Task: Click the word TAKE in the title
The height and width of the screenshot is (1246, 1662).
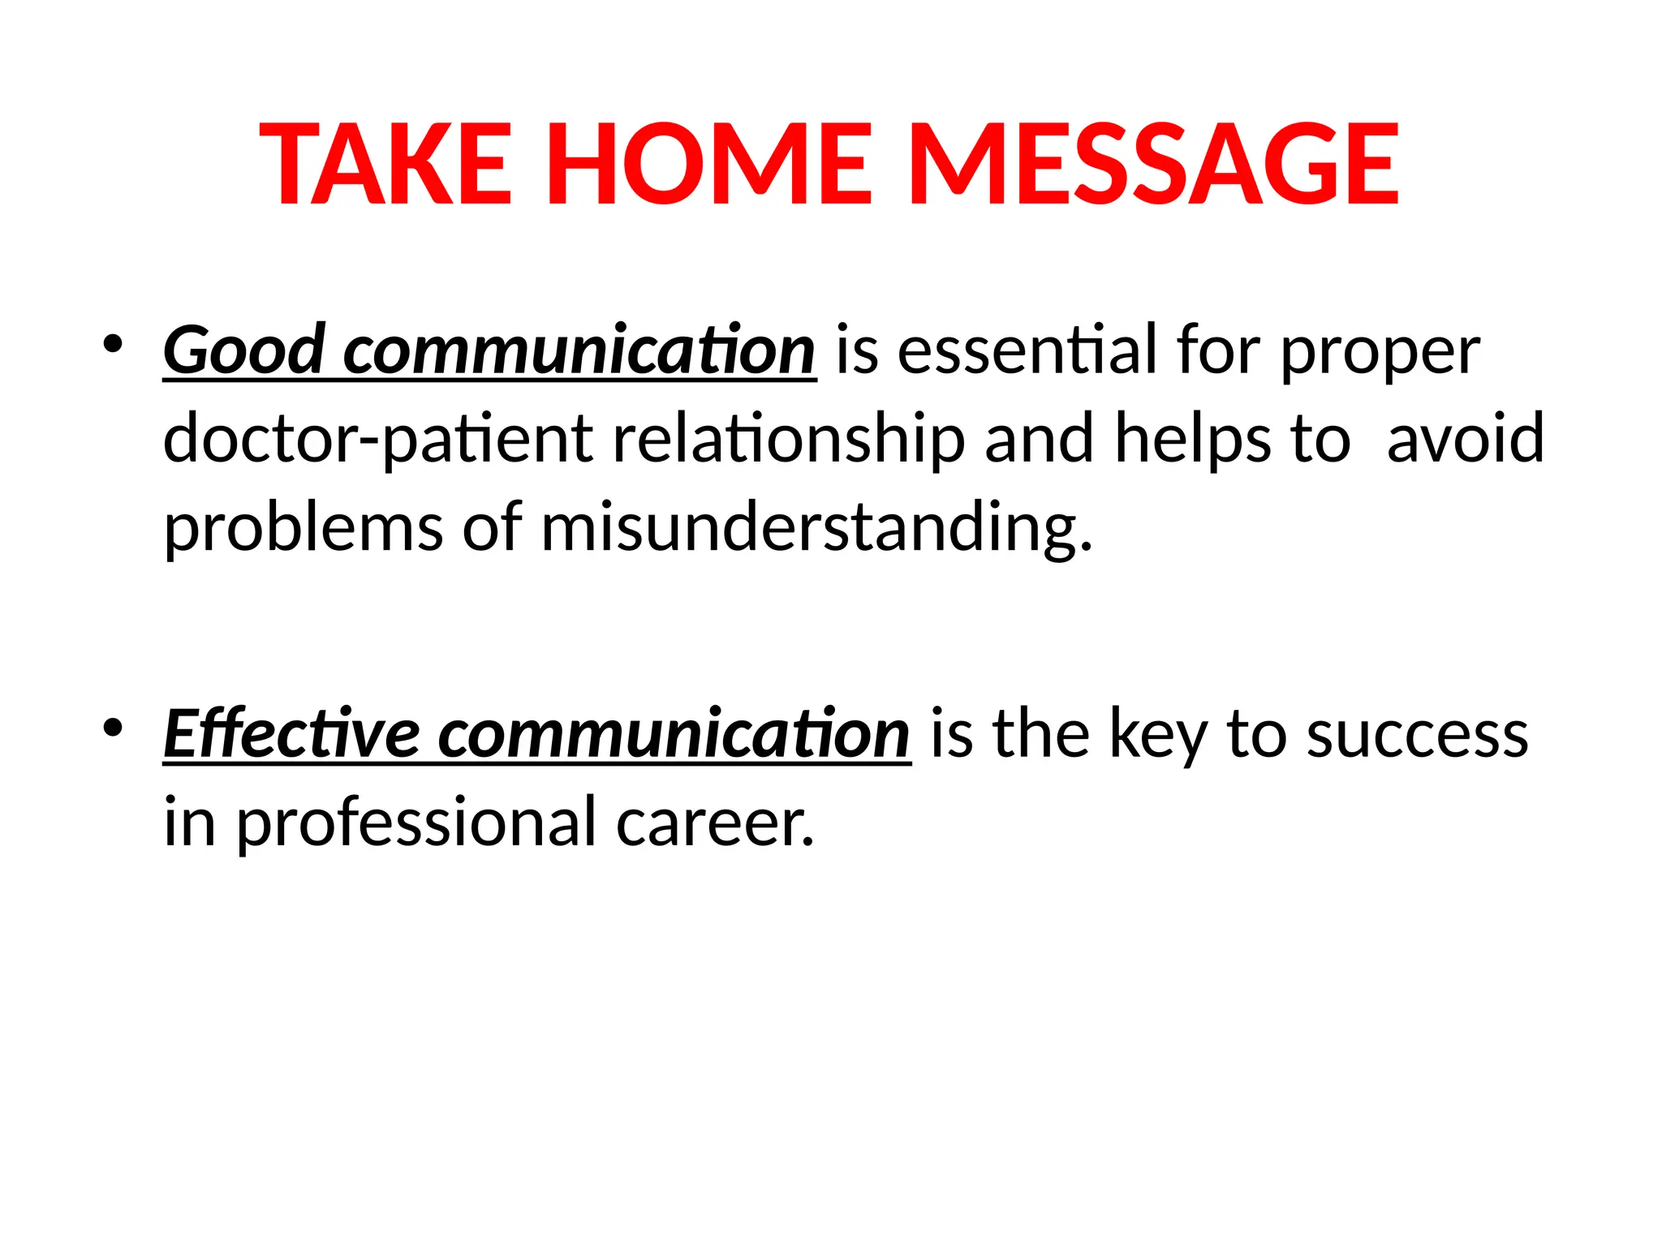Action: pos(386,164)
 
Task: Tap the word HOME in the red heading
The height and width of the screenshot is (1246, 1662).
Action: pos(709,164)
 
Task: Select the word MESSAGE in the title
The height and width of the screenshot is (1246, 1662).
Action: pos(1153,164)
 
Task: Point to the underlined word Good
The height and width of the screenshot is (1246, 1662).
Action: pos(244,350)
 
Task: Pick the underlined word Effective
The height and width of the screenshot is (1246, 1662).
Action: pos(291,734)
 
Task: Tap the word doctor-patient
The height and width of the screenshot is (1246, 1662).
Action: pos(378,440)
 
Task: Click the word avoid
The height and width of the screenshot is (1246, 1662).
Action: pos(1466,438)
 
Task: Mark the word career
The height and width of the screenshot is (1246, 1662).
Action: pos(714,823)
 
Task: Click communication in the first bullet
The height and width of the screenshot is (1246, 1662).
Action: pos(579,350)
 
